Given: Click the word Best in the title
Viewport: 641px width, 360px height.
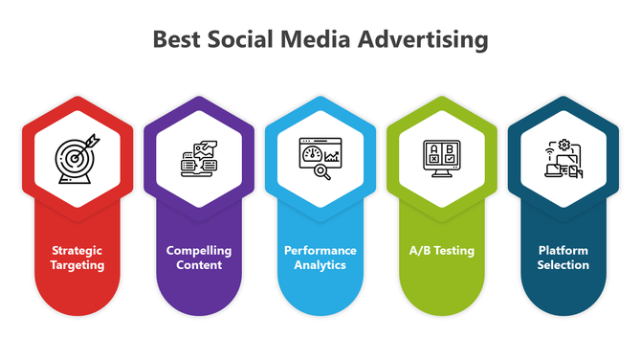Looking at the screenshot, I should point(176,40).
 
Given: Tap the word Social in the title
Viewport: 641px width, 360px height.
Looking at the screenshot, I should point(240,40).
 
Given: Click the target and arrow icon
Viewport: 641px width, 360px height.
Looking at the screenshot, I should point(77,156).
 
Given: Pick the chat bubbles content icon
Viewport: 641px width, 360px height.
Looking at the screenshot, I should point(199,156).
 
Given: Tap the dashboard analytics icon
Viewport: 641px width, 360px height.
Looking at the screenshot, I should point(320,156).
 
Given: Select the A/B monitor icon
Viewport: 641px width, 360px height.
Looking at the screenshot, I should point(442,156).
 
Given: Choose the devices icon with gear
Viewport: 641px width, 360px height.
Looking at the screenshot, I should point(563,156).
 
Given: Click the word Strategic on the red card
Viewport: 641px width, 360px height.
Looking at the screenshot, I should point(77,251).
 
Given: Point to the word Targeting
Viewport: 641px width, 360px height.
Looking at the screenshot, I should point(77,265).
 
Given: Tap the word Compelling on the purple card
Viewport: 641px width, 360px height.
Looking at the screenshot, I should point(199,251).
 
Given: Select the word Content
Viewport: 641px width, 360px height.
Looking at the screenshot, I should point(199,265).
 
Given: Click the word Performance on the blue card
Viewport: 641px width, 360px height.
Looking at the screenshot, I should point(320,251).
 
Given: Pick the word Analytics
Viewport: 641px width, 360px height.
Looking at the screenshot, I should point(320,265).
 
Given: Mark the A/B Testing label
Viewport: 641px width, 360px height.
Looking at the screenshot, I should point(442,251).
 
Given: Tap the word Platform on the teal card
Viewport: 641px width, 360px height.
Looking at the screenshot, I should point(563,251).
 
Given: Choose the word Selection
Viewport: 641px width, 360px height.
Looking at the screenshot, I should point(563,265).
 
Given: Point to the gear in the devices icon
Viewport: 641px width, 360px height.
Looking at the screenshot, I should point(564,145).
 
